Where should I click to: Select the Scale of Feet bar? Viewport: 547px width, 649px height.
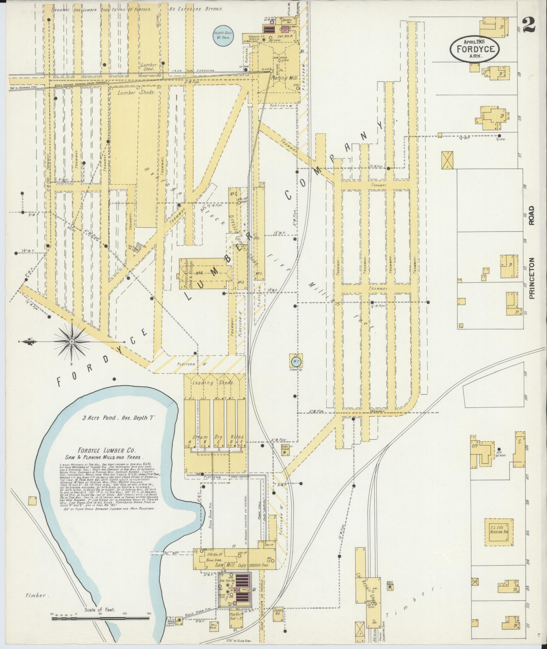[100, 618]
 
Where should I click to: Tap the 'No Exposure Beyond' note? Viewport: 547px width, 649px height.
[196, 9]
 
